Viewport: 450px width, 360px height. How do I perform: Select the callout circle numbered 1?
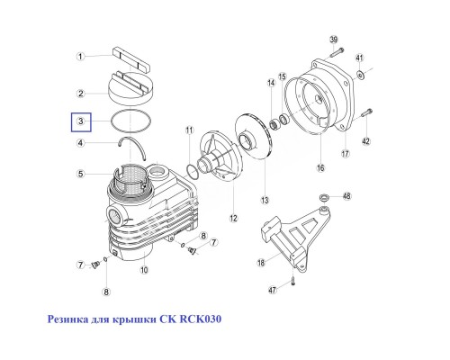[x=80, y=56]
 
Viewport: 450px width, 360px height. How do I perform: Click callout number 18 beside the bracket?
[x=261, y=264]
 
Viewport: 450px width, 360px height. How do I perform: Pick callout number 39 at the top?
[x=332, y=40]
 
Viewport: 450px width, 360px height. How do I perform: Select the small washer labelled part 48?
[x=323, y=197]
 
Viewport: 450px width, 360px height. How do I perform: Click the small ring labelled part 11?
[x=193, y=169]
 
